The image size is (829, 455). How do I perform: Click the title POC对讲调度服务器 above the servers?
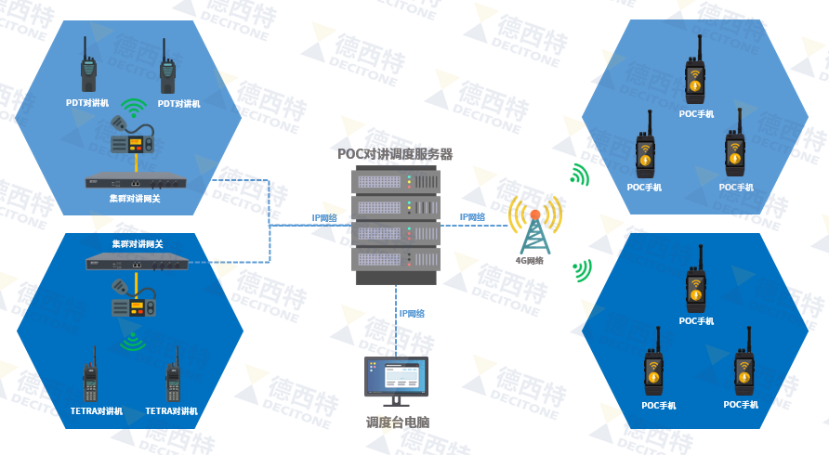[x=395, y=153]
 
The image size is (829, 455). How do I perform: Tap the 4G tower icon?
[x=534, y=228]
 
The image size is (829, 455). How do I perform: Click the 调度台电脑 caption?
[x=397, y=422]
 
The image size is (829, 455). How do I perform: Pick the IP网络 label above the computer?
[x=412, y=314]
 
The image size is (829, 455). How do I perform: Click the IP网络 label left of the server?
[x=324, y=218]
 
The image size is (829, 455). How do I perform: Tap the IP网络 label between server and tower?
[x=472, y=217]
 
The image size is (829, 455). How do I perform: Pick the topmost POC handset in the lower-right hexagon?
[x=695, y=289]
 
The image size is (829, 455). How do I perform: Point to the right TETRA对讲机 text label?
[x=172, y=410]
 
